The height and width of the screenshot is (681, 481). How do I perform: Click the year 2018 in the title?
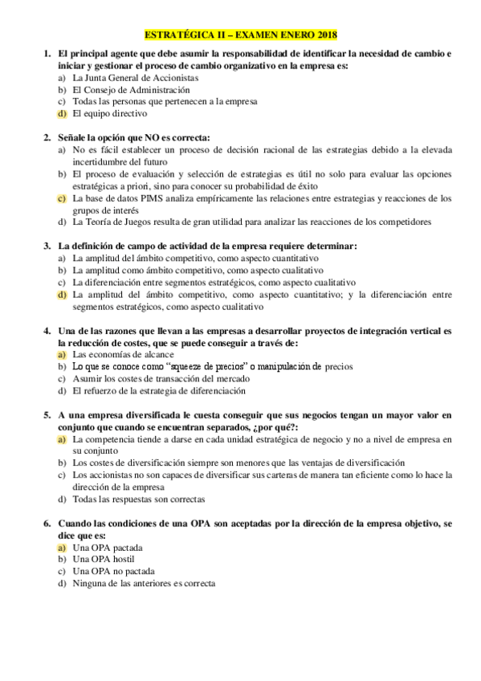(x=326, y=35)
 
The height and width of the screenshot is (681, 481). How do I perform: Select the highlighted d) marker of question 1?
(x=62, y=113)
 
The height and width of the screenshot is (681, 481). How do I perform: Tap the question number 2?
(x=47, y=137)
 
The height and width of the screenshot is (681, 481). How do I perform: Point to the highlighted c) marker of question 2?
(x=62, y=198)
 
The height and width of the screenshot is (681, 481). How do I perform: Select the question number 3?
(x=47, y=246)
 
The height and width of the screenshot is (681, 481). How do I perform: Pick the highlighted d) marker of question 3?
(x=62, y=295)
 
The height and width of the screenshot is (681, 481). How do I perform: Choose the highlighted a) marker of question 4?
(x=62, y=354)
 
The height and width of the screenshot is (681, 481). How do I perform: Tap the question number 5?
(x=47, y=415)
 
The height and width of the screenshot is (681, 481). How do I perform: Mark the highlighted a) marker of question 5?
(x=62, y=439)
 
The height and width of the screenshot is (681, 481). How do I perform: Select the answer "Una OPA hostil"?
(x=103, y=559)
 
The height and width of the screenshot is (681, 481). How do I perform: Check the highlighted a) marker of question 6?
(x=62, y=547)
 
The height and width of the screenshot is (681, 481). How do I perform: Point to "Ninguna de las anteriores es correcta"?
(x=145, y=583)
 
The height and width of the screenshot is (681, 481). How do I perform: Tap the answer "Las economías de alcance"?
(x=117, y=354)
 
